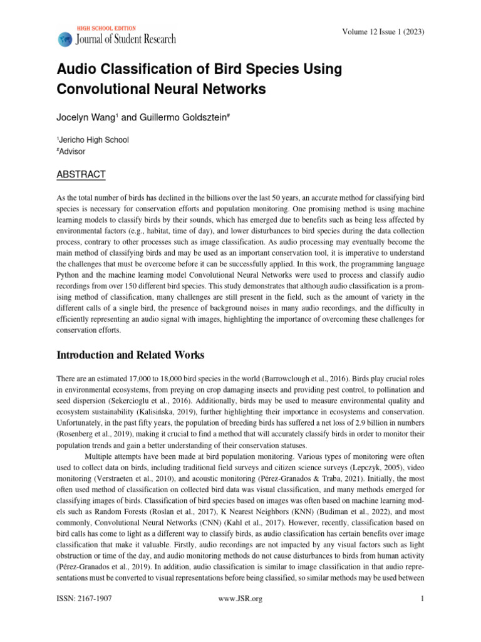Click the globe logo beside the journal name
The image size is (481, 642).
coord(65,39)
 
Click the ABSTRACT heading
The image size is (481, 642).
coord(81,174)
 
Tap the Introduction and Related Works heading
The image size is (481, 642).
coord(130,355)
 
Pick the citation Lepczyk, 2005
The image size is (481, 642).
coord(348,470)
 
